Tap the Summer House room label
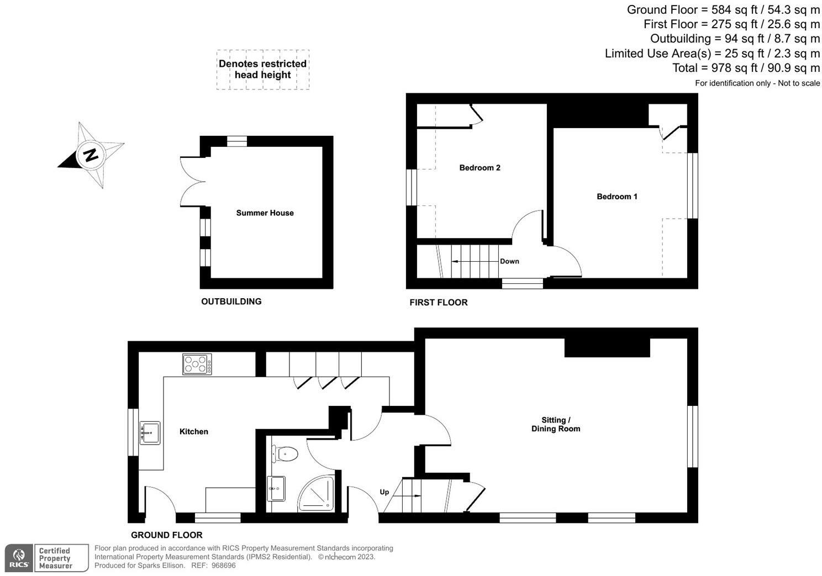tap(265, 213)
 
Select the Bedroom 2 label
tap(479, 167)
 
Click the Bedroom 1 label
tap(616, 196)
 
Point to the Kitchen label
tap(193, 431)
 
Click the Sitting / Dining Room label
tap(555, 424)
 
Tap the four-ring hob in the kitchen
tap(197, 364)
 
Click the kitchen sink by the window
tap(150, 432)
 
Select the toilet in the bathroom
tap(286, 454)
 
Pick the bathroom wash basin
tap(276, 488)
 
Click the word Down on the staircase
tap(509, 261)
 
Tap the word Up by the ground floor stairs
tap(384, 492)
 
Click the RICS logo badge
tap(19, 558)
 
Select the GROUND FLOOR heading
tap(166, 535)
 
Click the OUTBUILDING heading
tap(231, 301)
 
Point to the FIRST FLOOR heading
tap(438, 302)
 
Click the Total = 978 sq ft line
tap(746, 68)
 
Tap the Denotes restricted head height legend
tap(262, 69)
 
